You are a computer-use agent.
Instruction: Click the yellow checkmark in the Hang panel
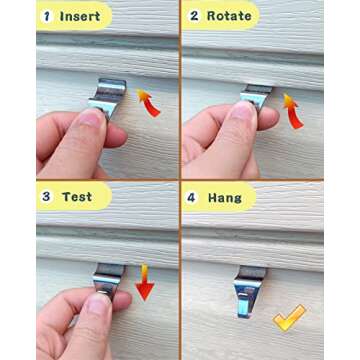click(x=290, y=318)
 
